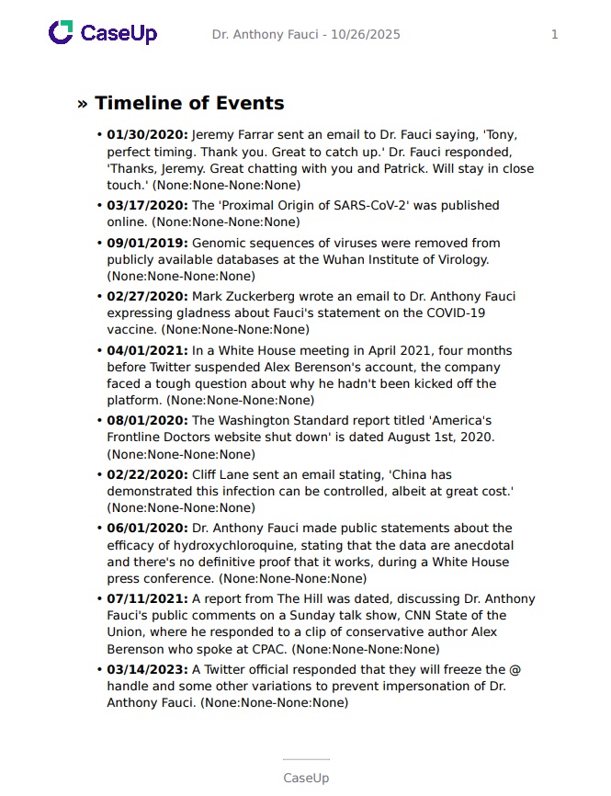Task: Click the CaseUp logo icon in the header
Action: (x=61, y=34)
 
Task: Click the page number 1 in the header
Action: (x=554, y=35)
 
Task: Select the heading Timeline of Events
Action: (x=189, y=103)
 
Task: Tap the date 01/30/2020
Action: (x=147, y=135)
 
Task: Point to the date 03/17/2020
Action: (x=147, y=205)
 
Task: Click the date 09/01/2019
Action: (x=147, y=243)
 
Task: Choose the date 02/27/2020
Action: (x=147, y=296)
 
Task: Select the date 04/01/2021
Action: (x=147, y=350)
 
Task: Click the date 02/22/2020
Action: (x=147, y=474)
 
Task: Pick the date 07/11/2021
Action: (x=147, y=598)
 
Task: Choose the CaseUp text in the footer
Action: (x=305, y=778)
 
